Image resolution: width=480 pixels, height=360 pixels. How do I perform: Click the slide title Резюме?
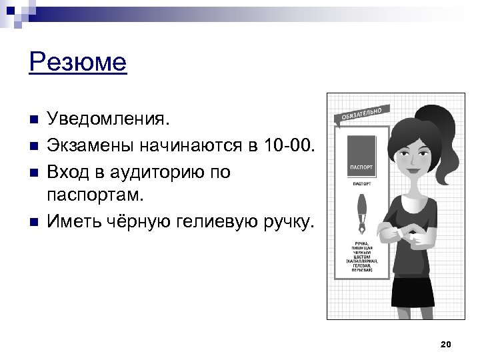tap(78, 63)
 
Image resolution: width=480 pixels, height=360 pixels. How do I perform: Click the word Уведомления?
tap(111, 119)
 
